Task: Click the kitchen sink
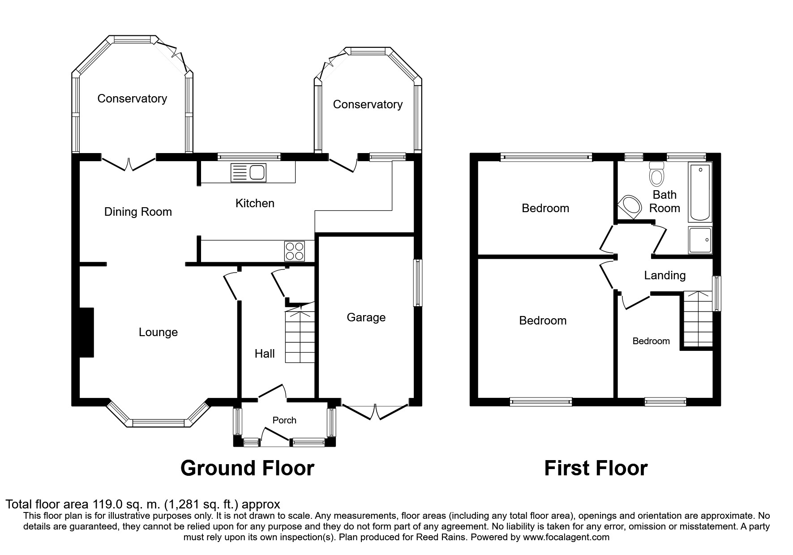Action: coord(249,173)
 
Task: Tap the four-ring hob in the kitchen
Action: coord(295,251)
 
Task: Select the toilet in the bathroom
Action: coord(657,173)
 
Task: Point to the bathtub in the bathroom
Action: coord(700,193)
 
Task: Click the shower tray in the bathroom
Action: coord(700,240)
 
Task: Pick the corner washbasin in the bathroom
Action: coord(629,207)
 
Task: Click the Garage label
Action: coord(366,318)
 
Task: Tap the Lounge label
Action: coord(158,333)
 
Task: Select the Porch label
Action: coord(284,420)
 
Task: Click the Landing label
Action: coord(665,276)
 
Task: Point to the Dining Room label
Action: coord(138,212)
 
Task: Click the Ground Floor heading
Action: coord(247,468)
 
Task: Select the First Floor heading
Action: coord(596,468)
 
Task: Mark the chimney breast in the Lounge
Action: coord(86,332)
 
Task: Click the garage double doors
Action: coord(375,411)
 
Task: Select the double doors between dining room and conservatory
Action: coord(129,163)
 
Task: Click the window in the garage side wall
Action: coord(417,283)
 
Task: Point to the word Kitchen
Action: coord(255,204)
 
